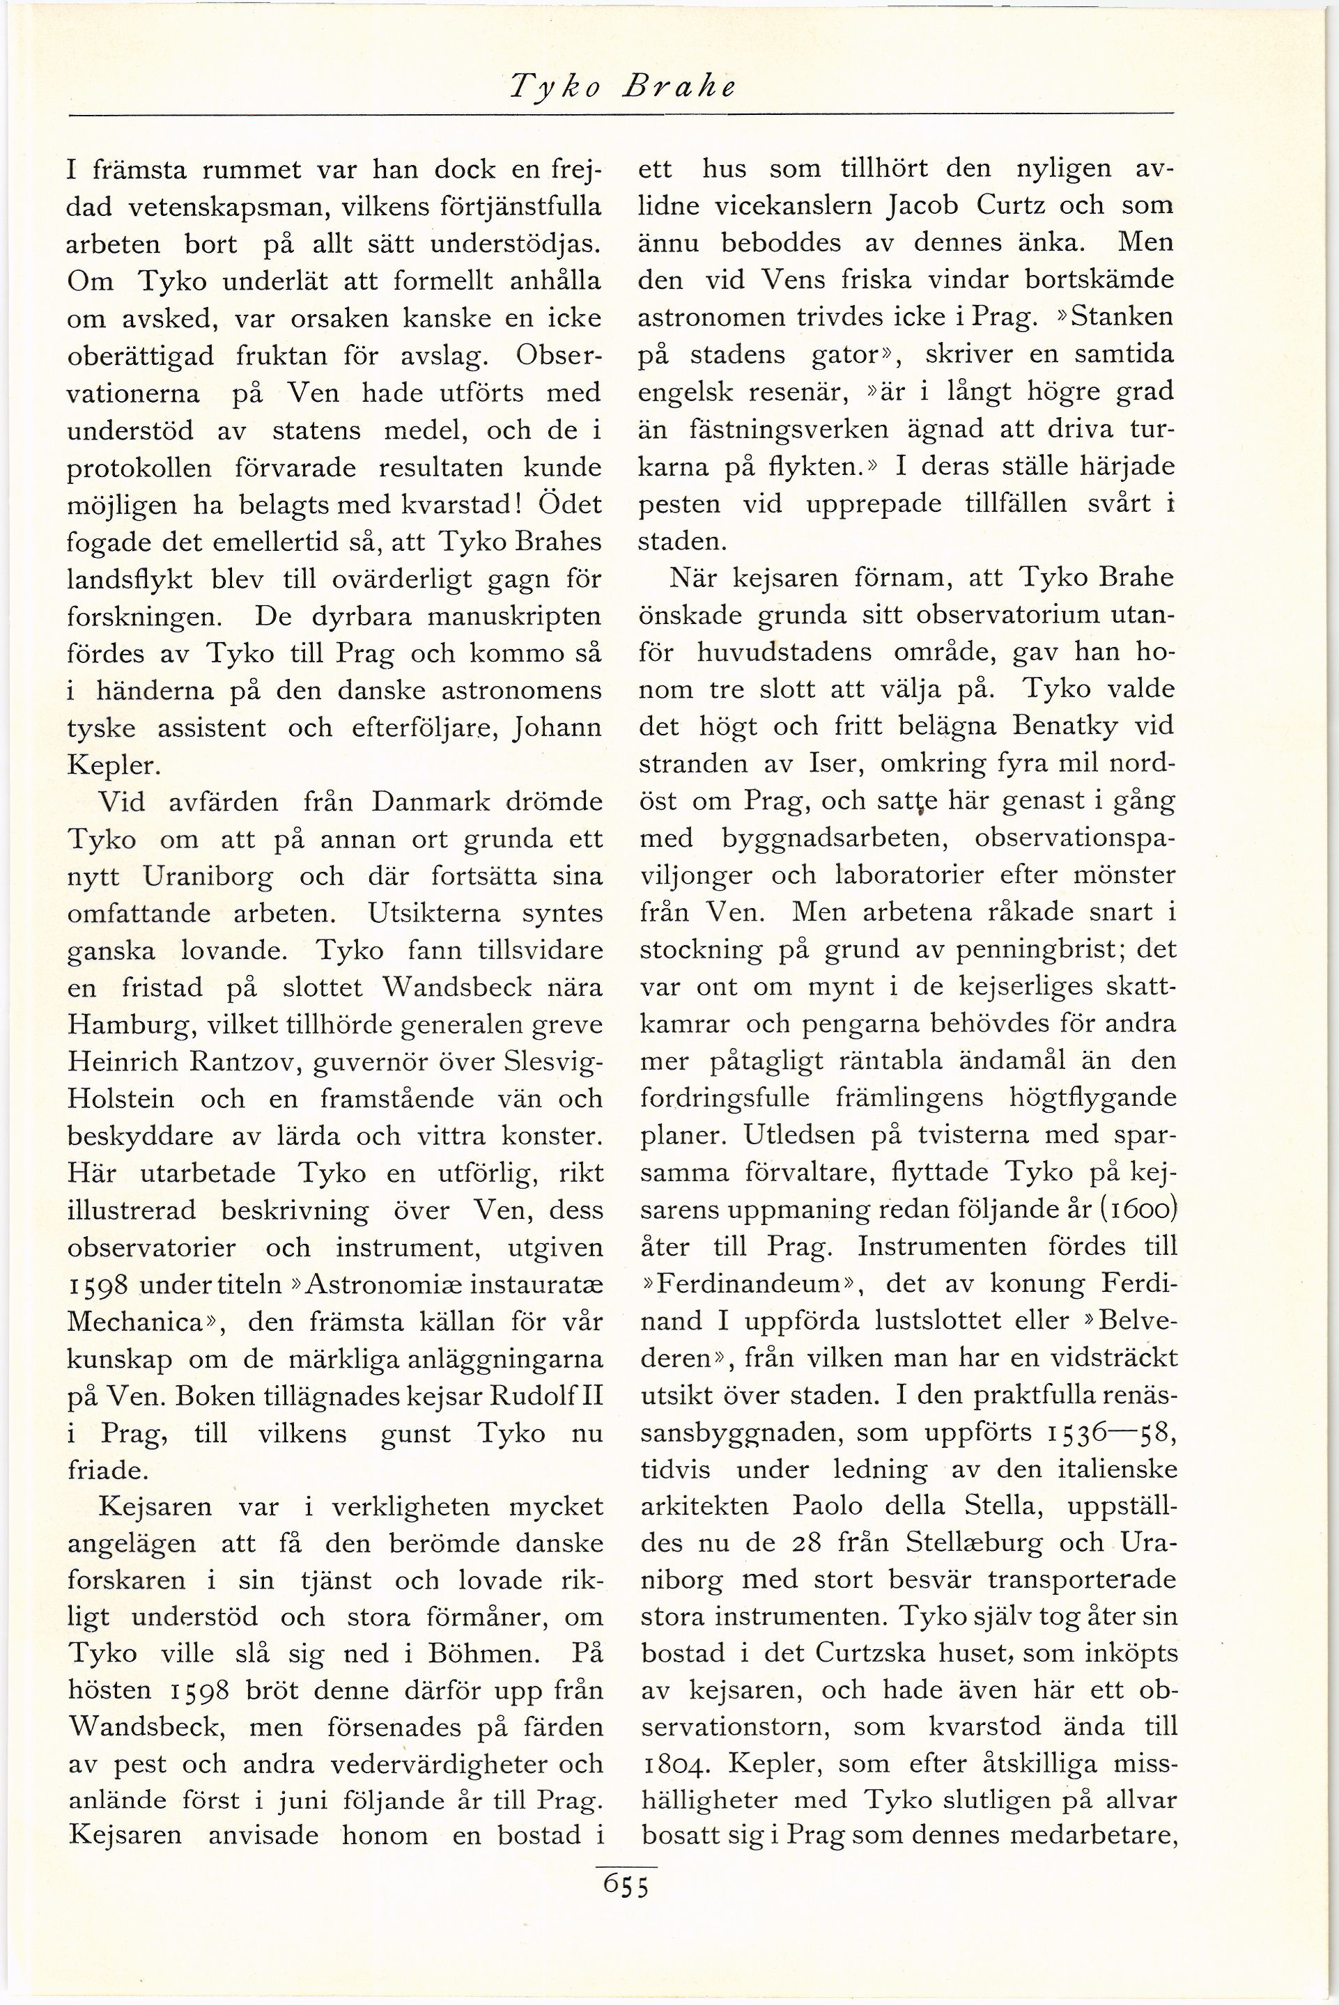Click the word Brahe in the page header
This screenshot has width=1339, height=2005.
click(680, 86)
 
